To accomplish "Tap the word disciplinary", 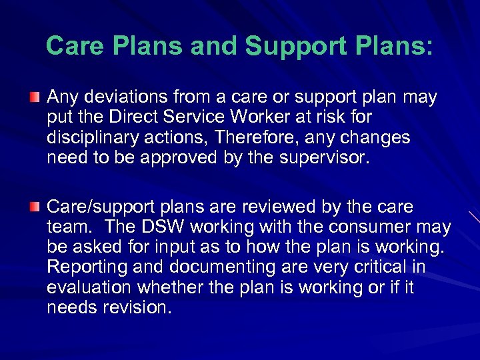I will [x=93, y=137].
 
